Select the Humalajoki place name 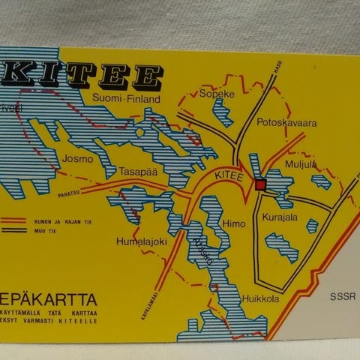(x=139, y=241)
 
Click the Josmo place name (x=78, y=159)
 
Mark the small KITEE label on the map (x=229, y=175)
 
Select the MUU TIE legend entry (x=40, y=233)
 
